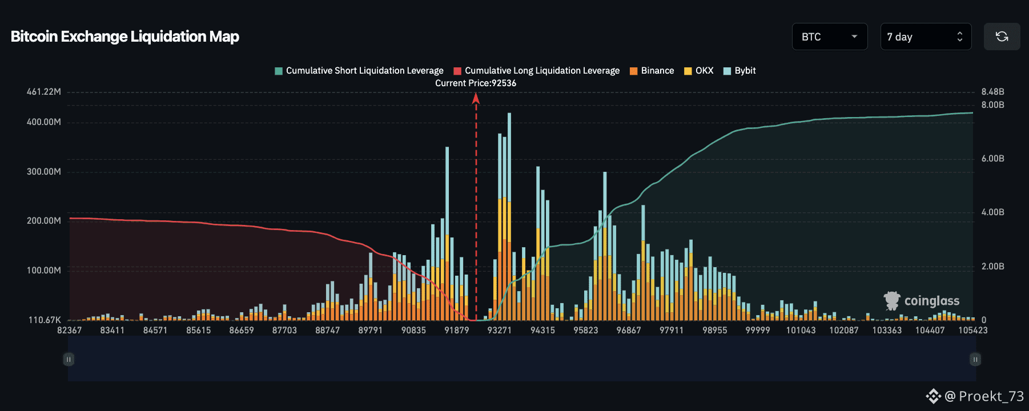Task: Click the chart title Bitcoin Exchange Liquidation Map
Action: [124, 37]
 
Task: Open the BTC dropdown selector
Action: [829, 37]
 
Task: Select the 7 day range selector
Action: [925, 37]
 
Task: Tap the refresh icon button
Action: [1002, 37]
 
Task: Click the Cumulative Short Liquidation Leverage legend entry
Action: [359, 71]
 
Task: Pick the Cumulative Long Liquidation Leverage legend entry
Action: [537, 71]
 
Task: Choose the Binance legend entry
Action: [652, 71]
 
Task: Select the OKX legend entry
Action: [699, 71]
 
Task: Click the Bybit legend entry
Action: [739, 71]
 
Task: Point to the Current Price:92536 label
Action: [476, 83]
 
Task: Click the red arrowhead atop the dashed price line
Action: [476, 98]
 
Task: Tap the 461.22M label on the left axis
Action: [43, 92]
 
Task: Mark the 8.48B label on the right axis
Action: [992, 92]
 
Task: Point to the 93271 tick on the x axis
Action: [500, 331]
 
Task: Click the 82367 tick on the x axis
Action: [69, 331]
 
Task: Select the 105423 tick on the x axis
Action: [972, 331]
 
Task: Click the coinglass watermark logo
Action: [922, 301]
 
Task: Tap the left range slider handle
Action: [69, 359]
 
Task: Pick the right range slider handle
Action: [975, 359]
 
